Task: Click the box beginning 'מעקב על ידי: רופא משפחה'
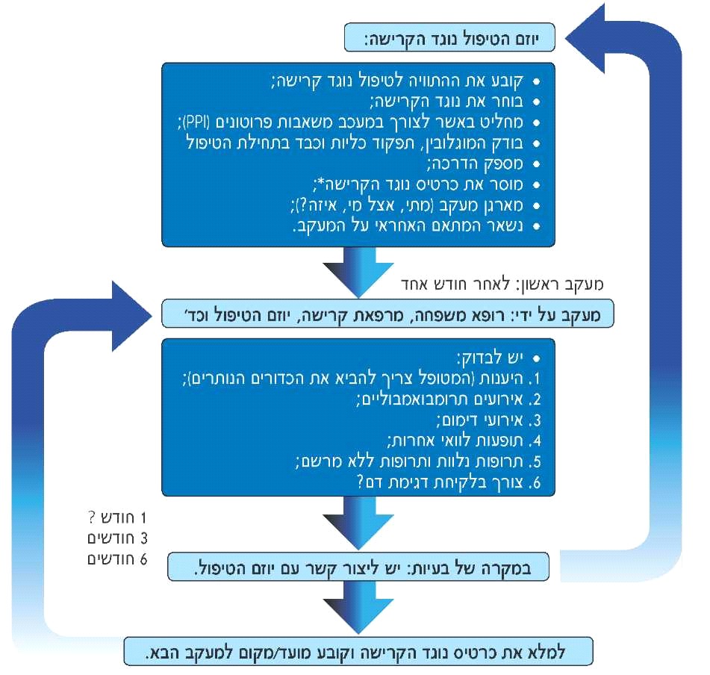tap(388, 314)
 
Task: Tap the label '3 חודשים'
tap(113, 538)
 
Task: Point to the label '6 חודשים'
tap(113, 559)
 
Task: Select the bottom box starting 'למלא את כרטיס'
tap(358, 650)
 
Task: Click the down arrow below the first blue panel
tap(358, 271)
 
